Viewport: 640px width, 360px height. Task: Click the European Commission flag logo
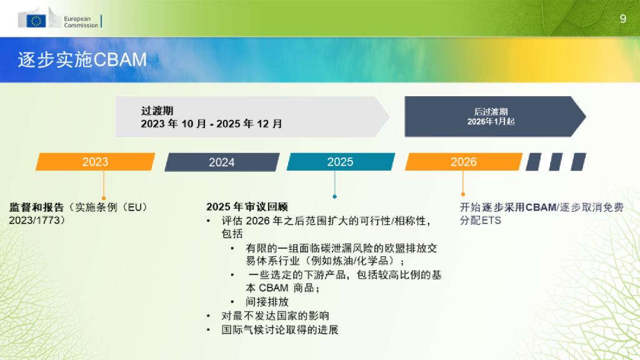(x=36, y=21)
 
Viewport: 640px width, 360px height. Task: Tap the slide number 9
(x=622, y=19)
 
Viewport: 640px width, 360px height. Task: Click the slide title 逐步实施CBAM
(x=82, y=59)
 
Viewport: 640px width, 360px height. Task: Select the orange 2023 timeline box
(x=95, y=162)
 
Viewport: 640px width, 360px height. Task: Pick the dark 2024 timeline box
(x=222, y=162)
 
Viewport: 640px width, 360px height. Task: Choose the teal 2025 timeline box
(x=340, y=162)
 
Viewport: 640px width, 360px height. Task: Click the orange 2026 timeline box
(x=463, y=162)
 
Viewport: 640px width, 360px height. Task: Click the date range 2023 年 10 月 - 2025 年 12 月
(x=211, y=124)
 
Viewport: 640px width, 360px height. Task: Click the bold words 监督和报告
(x=37, y=207)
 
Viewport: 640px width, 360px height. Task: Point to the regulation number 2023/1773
(x=37, y=221)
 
